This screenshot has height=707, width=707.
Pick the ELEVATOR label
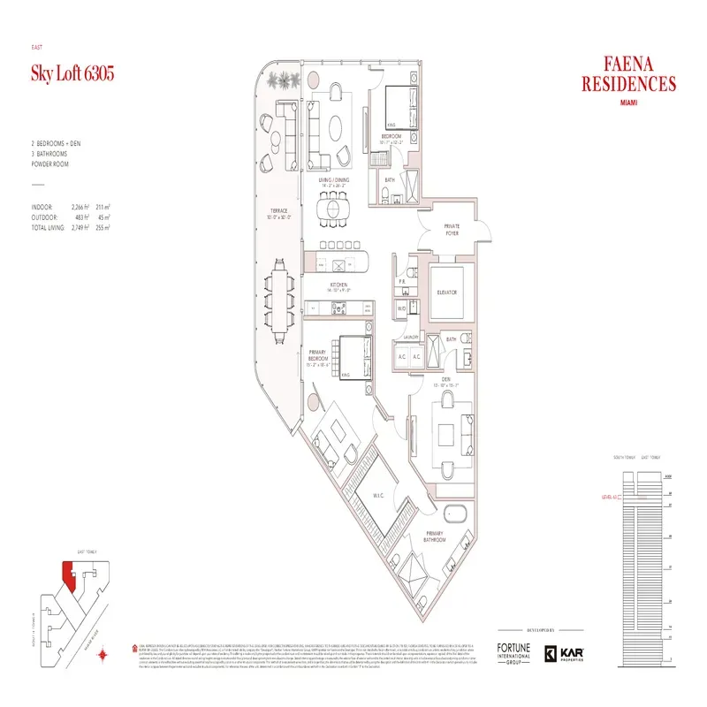tap(446, 292)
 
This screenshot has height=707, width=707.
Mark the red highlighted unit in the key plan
tap(66, 576)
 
